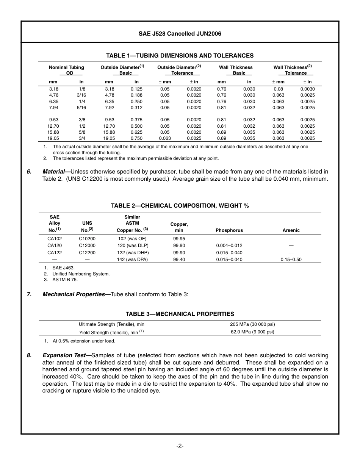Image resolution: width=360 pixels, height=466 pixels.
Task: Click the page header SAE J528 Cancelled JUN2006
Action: (180, 34)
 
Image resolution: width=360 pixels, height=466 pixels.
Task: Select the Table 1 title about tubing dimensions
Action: (180, 56)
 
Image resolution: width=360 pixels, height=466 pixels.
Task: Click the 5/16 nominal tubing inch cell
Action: (81, 108)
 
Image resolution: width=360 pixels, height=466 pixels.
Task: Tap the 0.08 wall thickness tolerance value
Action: (278, 89)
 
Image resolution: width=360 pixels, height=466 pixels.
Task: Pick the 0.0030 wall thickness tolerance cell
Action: (307, 89)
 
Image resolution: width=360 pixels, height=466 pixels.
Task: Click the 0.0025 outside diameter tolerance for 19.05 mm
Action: (194, 138)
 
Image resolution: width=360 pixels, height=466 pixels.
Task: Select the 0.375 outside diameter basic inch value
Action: (136, 120)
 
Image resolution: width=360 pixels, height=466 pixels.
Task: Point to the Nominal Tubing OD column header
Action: (66, 70)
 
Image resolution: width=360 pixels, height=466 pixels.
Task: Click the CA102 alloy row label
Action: (55, 239)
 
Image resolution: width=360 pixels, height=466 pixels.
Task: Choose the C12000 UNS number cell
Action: (87, 246)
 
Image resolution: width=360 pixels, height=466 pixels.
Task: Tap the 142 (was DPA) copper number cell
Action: (132, 260)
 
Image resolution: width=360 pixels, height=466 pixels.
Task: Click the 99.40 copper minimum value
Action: (179, 260)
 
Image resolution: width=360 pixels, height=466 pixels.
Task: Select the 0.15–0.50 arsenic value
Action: (291, 260)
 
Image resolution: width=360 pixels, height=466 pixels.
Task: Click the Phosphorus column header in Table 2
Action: (229, 230)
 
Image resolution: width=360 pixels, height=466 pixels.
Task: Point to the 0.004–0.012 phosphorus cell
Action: (229, 246)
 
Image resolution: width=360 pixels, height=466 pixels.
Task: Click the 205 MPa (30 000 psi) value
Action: (252, 324)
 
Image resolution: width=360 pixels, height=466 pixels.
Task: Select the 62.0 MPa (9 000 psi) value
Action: (252, 332)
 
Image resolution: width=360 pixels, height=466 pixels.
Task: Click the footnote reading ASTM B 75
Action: (65, 280)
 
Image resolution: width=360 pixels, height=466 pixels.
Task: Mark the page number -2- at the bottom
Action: (180, 446)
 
